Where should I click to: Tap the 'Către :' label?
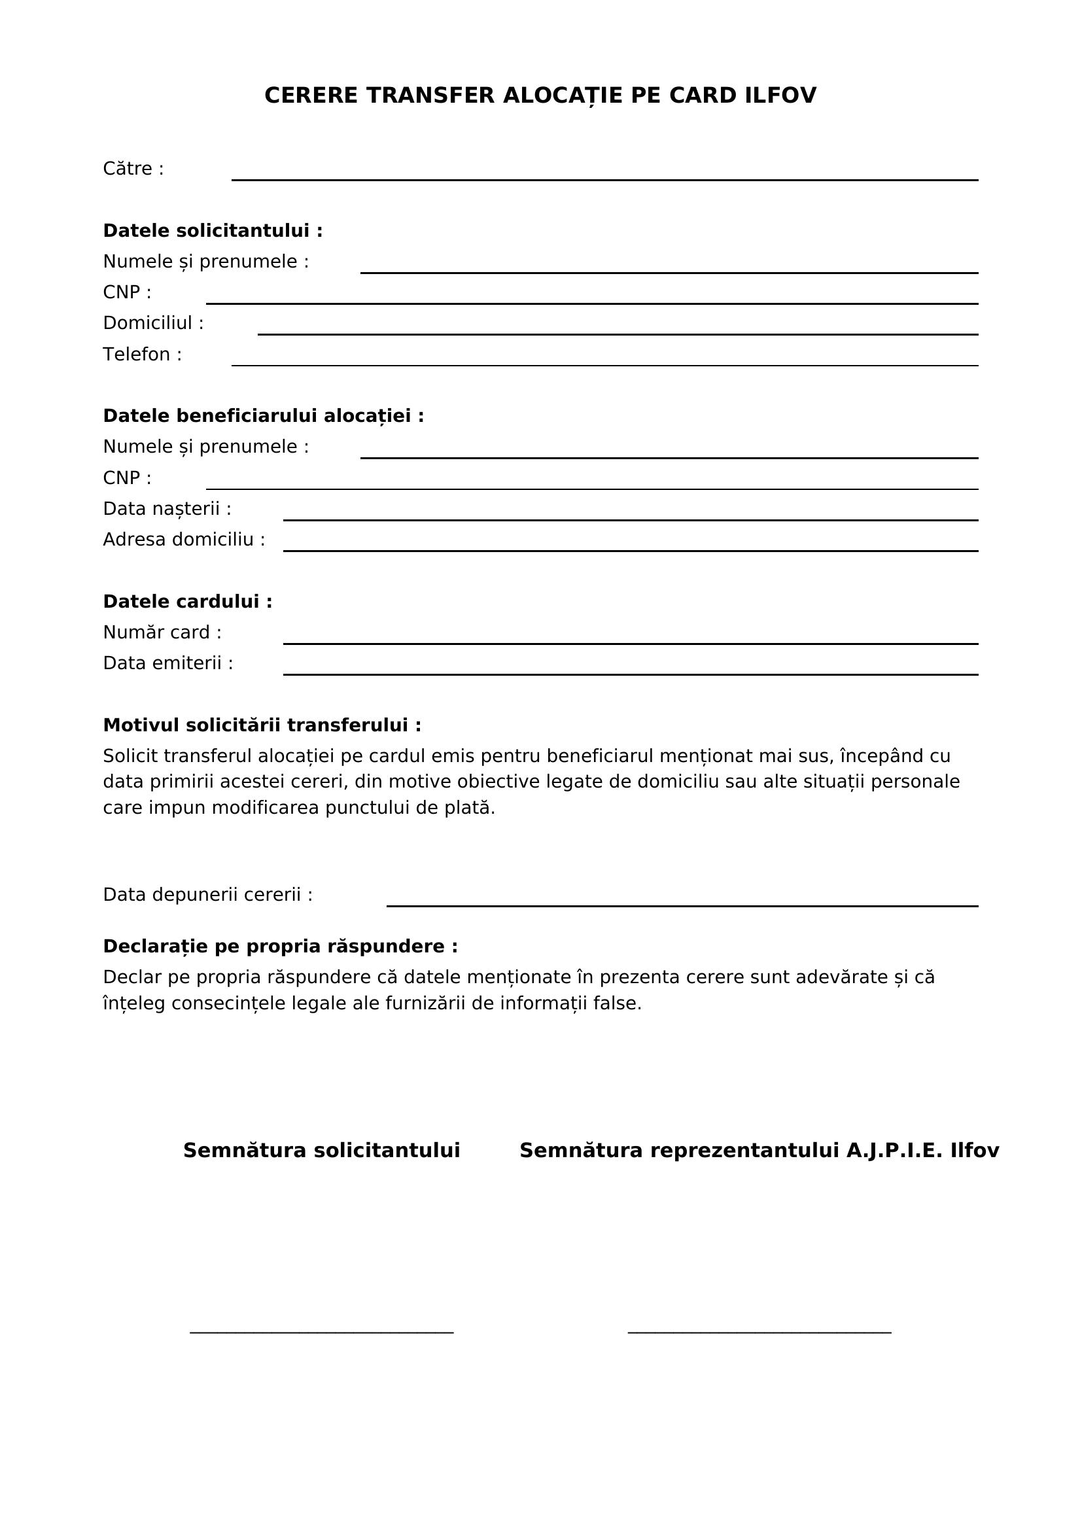coord(133,169)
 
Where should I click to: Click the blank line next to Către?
coord(604,179)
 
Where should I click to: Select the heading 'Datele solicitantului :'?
coord(213,230)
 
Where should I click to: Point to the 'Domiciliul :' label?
coord(153,323)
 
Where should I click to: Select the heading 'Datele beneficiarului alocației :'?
coord(263,416)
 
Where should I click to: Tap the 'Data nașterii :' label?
coord(167,509)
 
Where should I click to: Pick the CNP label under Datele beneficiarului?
coord(128,478)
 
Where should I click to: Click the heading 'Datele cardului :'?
coord(188,602)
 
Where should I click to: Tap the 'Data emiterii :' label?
coord(168,664)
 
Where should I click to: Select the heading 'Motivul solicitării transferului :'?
coord(262,725)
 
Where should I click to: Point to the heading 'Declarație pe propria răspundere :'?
coord(281,947)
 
